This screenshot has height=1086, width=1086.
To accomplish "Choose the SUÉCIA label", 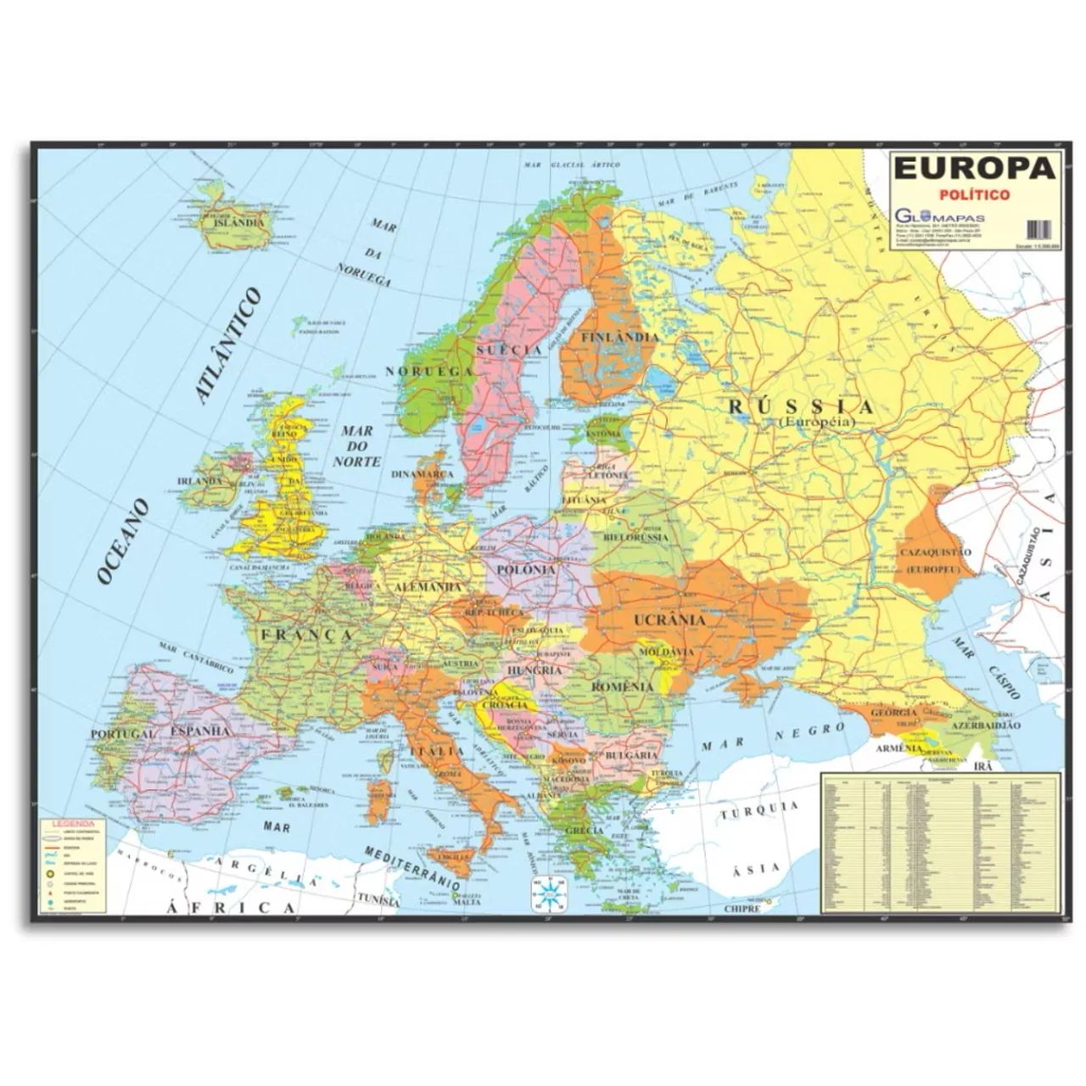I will (x=509, y=350).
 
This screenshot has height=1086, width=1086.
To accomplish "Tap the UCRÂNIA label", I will (x=670, y=619).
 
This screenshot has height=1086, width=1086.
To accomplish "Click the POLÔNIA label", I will (x=527, y=569).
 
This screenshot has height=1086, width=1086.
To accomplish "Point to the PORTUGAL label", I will (x=123, y=733).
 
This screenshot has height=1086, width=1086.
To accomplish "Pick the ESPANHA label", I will (x=201, y=730).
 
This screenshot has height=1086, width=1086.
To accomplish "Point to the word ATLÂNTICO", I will (x=227, y=344).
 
